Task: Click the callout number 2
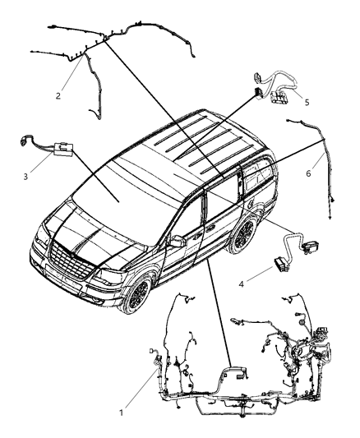click(x=58, y=95)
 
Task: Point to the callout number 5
click(x=306, y=103)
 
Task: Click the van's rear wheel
click(x=243, y=238)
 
